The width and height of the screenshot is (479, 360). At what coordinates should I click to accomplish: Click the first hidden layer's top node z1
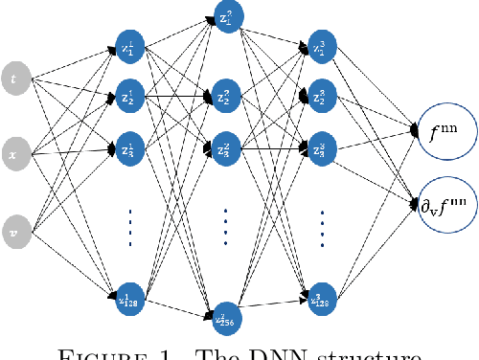pyautogui.click(x=128, y=47)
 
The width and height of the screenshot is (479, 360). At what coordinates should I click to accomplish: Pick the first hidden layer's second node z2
pyautogui.click(x=128, y=98)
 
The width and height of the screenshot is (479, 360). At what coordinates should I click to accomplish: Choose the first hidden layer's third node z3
pyautogui.click(x=128, y=148)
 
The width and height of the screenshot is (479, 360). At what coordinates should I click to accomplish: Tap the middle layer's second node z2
pyautogui.click(x=226, y=97)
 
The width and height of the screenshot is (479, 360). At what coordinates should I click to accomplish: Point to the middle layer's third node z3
pyautogui.click(x=226, y=148)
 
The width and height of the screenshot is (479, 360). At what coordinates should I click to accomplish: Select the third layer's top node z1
pyautogui.click(x=320, y=47)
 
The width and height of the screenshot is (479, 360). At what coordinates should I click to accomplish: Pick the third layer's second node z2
pyautogui.click(x=320, y=98)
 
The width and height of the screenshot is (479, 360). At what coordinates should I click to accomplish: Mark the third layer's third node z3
pyautogui.click(x=320, y=148)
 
